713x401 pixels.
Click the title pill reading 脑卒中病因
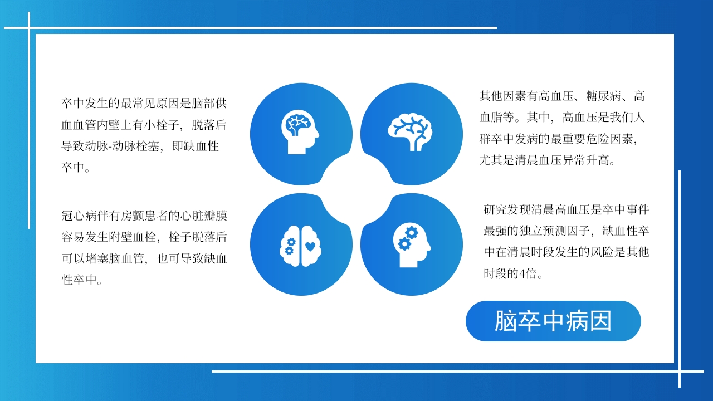click(x=553, y=321)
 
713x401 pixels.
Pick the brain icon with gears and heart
click(x=301, y=245)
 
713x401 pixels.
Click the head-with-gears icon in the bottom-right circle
click(x=412, y=245)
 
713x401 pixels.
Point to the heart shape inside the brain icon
click(x=310, y=246)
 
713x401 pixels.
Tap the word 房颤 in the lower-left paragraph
click(x=121, y=216)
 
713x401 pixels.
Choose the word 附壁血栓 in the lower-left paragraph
click(x=131, y=237)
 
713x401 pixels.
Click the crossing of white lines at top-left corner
click(x=29, y=27)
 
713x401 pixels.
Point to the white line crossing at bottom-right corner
click(x=680, y=371)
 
